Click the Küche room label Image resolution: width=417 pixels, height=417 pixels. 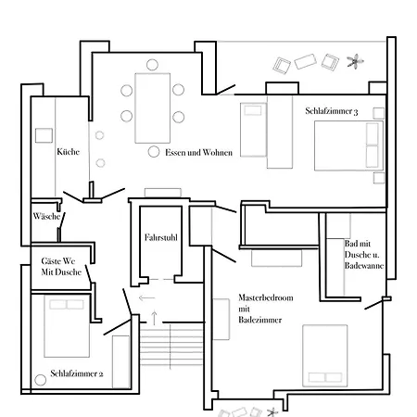tap(68, 152)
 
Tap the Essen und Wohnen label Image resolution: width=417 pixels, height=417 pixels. tap(198, 152)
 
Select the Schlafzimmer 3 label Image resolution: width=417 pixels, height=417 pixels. tap(332, 111)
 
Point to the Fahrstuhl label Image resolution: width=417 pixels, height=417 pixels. tap(161, 237)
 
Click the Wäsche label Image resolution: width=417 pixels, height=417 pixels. tap(46, 216)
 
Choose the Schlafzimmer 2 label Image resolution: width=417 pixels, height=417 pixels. tap(77, 373)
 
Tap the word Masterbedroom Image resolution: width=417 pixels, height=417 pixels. tap(266, 297)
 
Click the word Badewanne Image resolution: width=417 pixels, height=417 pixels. tap(364, 266)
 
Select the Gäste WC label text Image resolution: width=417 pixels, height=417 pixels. tap(58, 261)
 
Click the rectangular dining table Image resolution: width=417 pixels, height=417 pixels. tap(153, 108)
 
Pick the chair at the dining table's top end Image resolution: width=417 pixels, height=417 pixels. tap(152, 65)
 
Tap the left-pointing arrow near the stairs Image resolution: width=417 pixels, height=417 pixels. tap(146, 297)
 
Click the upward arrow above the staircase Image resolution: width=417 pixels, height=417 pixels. tap(154, 318)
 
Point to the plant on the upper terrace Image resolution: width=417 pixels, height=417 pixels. tap(355, 61)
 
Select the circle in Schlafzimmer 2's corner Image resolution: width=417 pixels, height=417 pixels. tap(40, 380)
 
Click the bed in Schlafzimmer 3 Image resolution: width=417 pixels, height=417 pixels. tap(348, 145)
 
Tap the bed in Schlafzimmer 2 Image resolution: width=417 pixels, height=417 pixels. tap(67, 326)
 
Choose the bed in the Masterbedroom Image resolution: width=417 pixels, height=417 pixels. tap(325, 356)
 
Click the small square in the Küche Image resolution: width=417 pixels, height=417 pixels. tap(44, 135)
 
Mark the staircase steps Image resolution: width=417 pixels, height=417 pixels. tap(171, 347)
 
